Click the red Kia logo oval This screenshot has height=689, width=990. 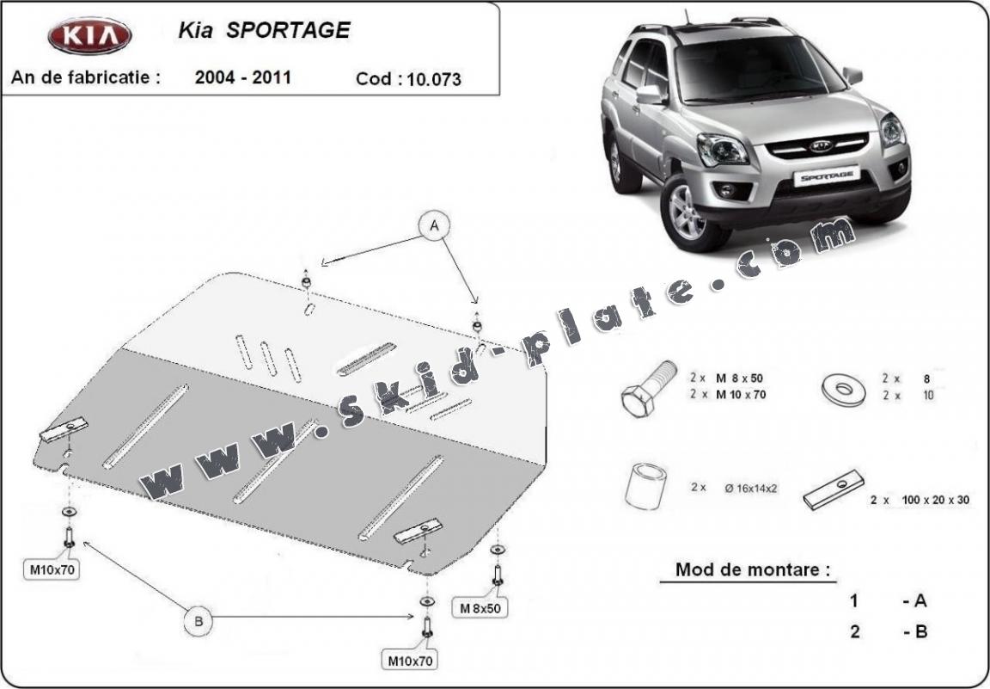pos(89,38)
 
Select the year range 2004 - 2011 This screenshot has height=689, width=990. pos(243,77)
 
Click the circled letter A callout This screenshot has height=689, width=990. pos(435,225)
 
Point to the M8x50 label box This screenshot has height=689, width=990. pos(480,608)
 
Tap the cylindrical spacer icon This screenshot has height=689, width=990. pos(646,488)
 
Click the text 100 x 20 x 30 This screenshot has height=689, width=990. pos(936,500)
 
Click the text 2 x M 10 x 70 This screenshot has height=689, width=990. pos(726,395)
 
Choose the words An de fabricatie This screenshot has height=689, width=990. pos(86,77)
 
